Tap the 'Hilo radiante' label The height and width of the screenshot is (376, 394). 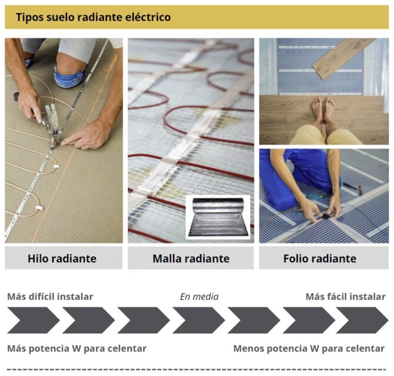coord(62,259)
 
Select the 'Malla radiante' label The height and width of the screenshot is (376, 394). coord(191,259)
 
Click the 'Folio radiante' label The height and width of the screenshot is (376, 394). coord(319,259)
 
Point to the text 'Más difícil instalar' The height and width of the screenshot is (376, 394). coord(50,296)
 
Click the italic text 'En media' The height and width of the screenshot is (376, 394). coord(199,296)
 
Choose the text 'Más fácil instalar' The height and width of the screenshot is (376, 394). coord(345,296)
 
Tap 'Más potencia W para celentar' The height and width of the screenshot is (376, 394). coord(77,348)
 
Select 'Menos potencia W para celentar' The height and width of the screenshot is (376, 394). coord(309,348)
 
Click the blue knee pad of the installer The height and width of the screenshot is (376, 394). coord(69,76)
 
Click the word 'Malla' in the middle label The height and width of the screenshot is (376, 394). coord(167,259)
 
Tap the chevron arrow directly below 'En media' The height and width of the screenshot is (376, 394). coord(198,321)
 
